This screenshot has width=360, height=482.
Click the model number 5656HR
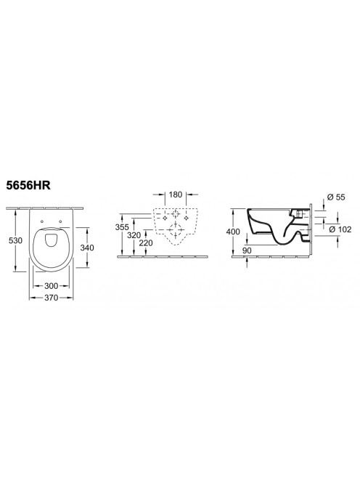(28, 186)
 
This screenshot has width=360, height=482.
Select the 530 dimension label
(15, 240)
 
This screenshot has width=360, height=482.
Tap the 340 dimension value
(87, 247)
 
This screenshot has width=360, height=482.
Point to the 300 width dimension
(51, 286)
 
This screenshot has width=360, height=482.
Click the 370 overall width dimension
(51, 298)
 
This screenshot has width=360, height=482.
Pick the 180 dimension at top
(176, 195)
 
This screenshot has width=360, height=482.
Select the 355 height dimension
(122, 227)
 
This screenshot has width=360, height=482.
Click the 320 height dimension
(134, 236)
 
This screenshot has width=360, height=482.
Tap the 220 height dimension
(146, 243)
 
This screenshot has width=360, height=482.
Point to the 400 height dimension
(233, 232)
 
